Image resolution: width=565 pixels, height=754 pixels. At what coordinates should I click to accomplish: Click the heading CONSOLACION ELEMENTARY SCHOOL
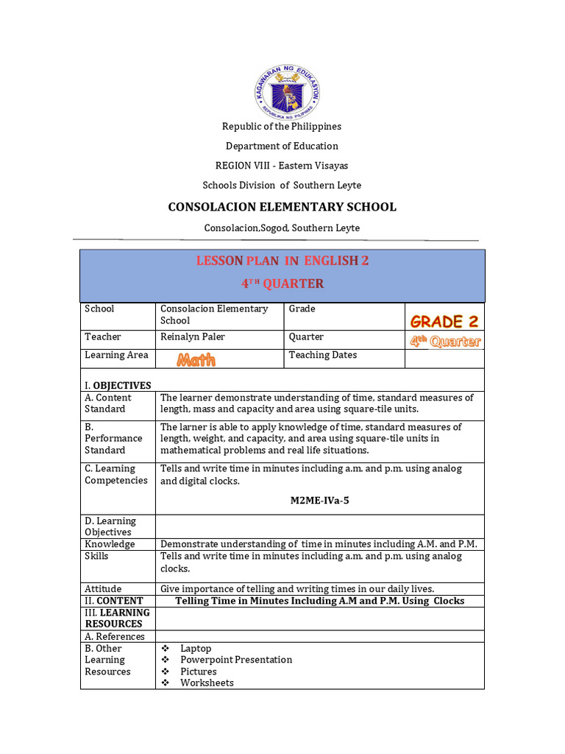tap(282, 207)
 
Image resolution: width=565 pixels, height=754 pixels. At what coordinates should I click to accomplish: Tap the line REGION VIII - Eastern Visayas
tap(282, 166)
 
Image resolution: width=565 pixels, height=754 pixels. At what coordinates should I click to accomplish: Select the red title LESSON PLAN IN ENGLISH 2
tap(282, 261)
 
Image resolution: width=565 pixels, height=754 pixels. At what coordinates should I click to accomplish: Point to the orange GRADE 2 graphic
tap(447, 322)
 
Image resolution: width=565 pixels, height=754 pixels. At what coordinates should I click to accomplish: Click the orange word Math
tap(196, 360)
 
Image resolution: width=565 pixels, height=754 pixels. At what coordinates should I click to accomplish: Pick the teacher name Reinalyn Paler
tap(193, 337)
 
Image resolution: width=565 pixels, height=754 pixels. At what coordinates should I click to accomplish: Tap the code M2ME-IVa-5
tap(319, 501)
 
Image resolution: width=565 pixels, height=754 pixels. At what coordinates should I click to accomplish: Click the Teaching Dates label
tap(322, 355)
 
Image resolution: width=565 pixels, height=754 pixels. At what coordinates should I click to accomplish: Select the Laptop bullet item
tap(196, 649)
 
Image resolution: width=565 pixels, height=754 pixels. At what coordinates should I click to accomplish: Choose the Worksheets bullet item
tap(207, 683)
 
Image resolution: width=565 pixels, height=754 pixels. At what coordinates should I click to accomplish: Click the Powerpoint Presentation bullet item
tap(236, 660)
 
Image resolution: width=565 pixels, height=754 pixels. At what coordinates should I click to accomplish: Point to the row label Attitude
tap(103, 589)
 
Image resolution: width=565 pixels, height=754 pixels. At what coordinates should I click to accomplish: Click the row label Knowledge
tap(110, 544)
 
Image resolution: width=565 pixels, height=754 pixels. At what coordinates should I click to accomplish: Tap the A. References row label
tap(115, 636)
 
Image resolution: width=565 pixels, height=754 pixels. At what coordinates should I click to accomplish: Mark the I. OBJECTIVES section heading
tap(118, 385)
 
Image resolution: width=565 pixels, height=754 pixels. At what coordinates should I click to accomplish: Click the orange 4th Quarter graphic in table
tap(445, 341)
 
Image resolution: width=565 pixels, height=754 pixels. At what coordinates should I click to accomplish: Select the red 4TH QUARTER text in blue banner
tap(282, 284)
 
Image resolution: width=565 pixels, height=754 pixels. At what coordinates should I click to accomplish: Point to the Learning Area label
tap(116, 355)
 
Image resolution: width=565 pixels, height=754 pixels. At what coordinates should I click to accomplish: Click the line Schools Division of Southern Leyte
tap(282, 186)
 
